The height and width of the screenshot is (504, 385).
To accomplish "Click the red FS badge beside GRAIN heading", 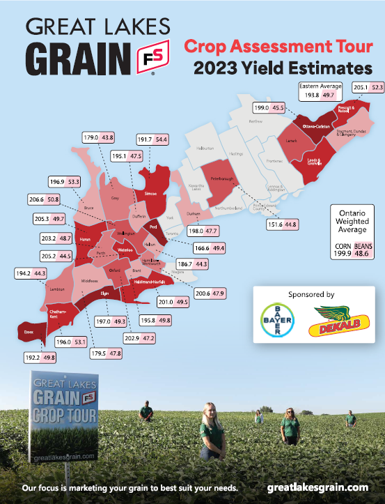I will tap(157, 56).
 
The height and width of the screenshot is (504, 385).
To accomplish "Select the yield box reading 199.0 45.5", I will tap(269, 108).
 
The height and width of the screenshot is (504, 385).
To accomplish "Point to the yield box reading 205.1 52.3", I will tap(368, 87).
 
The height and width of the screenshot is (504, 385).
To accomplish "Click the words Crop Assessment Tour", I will tap(277, 47).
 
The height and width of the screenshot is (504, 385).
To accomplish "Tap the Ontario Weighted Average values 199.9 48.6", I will tap(352, 254).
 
